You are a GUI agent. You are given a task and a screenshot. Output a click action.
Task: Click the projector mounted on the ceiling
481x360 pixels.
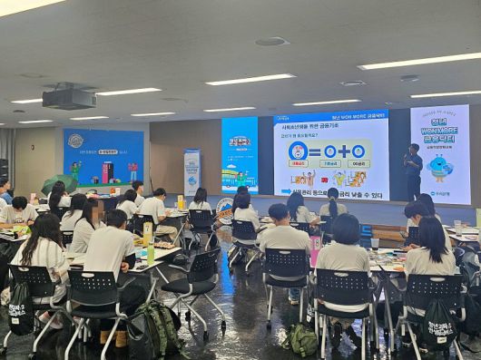69,97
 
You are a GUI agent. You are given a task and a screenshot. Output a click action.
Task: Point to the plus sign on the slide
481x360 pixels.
344,151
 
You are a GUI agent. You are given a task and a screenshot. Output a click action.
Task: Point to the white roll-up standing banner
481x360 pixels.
191,172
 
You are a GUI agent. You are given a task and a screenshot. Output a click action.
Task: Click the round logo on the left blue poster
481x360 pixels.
75,141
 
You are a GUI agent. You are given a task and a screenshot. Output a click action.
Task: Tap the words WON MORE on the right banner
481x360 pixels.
439,135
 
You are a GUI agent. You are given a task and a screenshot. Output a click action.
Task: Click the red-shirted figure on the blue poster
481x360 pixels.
108,171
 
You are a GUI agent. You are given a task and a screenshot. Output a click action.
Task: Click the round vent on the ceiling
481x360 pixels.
271,42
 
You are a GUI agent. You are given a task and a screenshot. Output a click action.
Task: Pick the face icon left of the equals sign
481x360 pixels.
297,151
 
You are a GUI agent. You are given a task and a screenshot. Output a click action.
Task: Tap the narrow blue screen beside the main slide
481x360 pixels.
240,154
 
